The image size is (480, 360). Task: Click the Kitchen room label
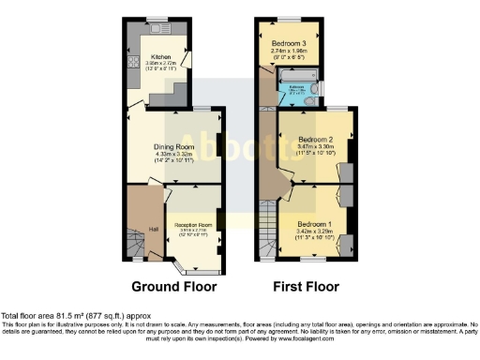[160, 57]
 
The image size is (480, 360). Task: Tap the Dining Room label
[173, 146]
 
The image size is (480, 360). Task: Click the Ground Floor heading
[173, 286]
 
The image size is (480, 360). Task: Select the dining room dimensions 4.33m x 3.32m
[173, 155]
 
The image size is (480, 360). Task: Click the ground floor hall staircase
[139, 246]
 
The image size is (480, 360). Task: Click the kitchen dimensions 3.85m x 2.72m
[160, 64]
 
